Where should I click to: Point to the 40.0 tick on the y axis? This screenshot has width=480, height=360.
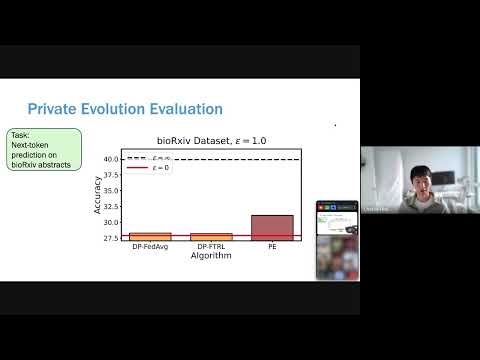[112, 159]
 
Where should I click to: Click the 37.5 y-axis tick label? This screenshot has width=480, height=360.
[112, 175]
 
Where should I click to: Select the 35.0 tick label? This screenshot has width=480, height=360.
[112, 191]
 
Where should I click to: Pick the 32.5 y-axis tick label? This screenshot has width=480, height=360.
[112, 206]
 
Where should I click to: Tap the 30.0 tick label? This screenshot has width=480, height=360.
[112, 222]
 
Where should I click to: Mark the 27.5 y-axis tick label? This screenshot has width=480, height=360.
[112, 238]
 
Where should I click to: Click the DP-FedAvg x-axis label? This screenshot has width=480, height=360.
[150, 247]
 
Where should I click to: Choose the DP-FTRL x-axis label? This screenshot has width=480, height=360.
[211, 247]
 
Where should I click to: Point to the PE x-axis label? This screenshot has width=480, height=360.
[272, 247]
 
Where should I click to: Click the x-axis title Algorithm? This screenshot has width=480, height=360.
[211, 256]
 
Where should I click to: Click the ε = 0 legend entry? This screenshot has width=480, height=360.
[160, 168]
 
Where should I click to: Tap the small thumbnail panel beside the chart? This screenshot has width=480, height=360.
[337, 240]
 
